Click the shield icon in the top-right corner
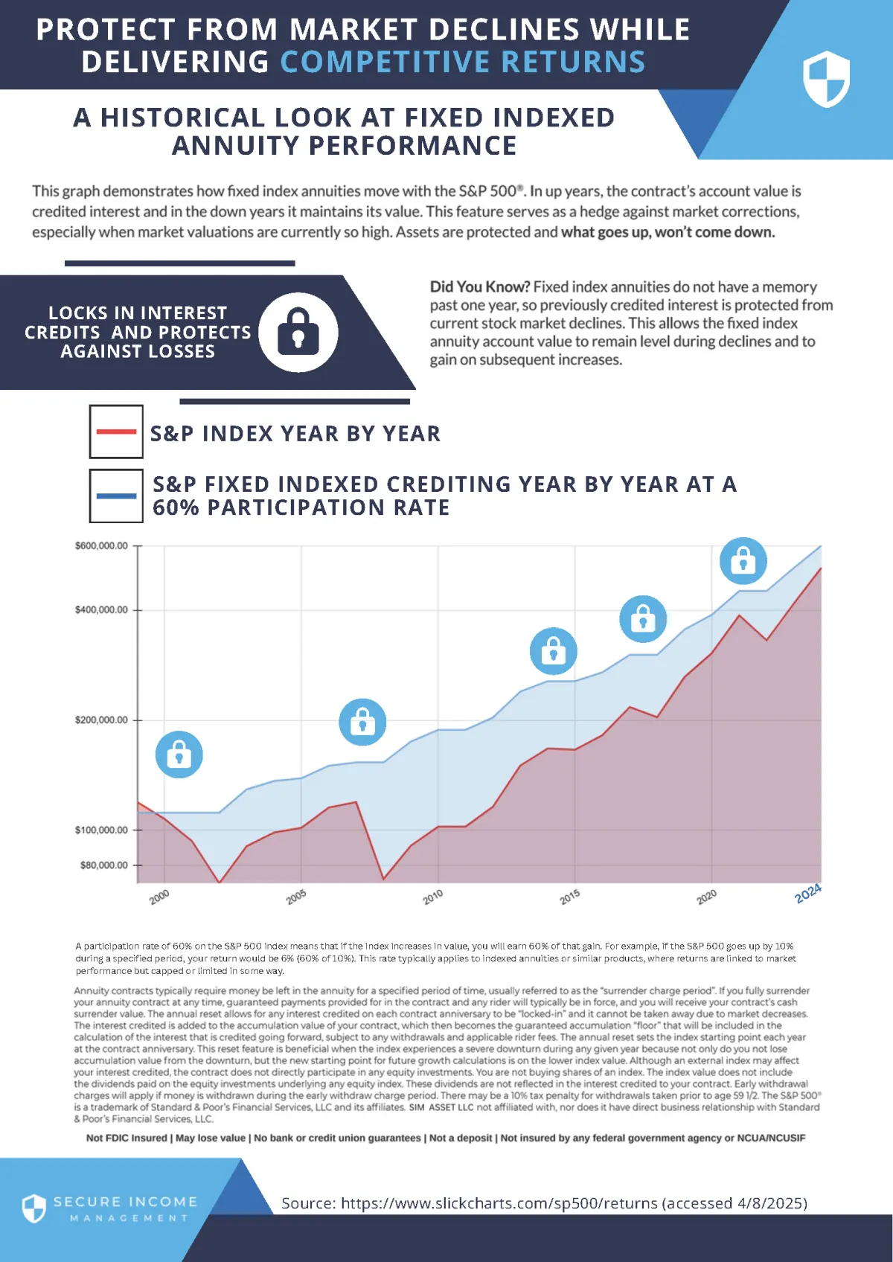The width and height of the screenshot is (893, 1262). click(x=826, y=79)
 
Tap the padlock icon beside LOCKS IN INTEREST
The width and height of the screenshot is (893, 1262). click(x=298, y=332)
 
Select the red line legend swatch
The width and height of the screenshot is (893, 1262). click(x=116, y=432)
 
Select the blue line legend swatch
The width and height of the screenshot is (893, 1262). click(x=116, y=496)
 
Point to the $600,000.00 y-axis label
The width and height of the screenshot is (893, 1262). click(x=101, y=546)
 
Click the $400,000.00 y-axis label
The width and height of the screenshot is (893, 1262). click(x=101, y=610)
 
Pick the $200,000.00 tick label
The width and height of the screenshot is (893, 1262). click(x=101, y=720)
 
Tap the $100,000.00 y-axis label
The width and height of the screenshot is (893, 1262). click(x=101, y=830)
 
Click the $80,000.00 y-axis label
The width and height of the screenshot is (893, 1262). click(x=104, y=865)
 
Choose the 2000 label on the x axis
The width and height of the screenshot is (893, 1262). click(x=159, y=897)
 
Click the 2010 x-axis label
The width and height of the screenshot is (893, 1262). click(x=433, y=897)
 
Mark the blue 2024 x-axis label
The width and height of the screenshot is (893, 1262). click(x=808, y=894)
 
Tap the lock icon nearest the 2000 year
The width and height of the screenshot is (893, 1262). click(x=179, y=755)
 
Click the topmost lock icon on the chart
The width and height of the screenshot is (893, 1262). click(x=743, y=560)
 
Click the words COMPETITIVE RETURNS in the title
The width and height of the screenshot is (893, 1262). click(x=462, y=62)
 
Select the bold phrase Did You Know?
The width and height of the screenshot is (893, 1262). click(x=479, y=287)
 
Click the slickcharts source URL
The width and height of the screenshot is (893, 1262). click(x=499, y=1203)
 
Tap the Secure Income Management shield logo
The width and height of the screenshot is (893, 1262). click(x=34, y=1208)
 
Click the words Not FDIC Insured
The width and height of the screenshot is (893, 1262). click(x=127, y=1138)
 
